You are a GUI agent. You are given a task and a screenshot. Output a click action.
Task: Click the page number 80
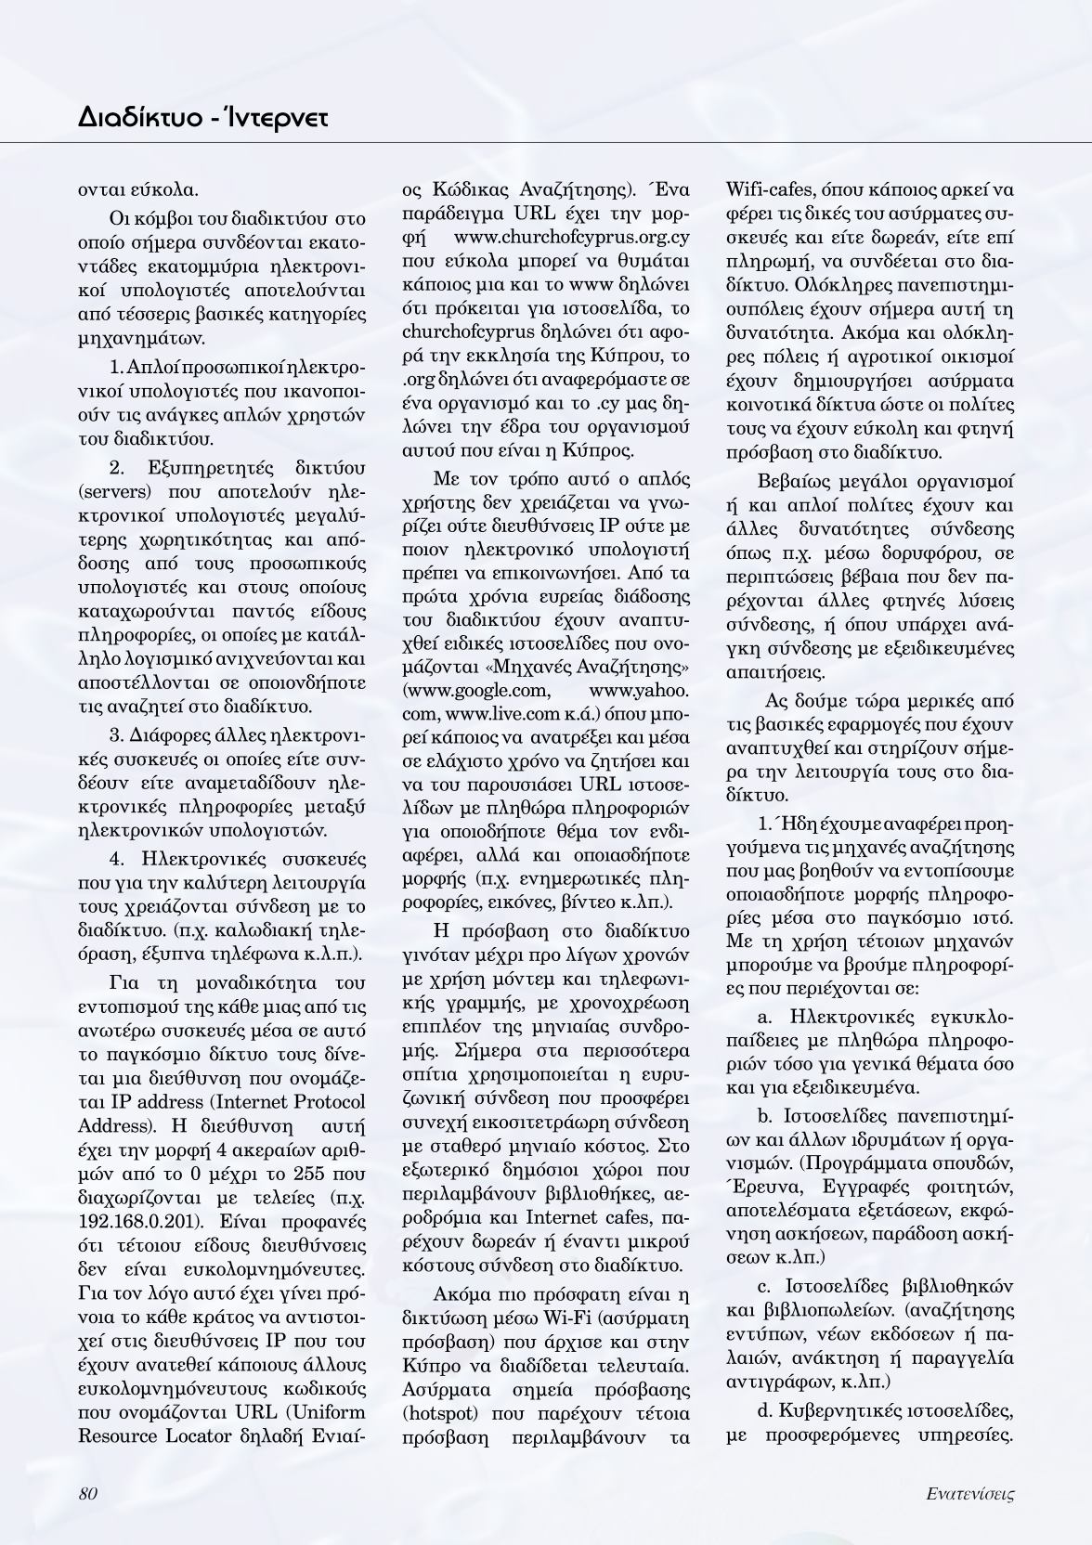click(x=89, y=1493)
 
